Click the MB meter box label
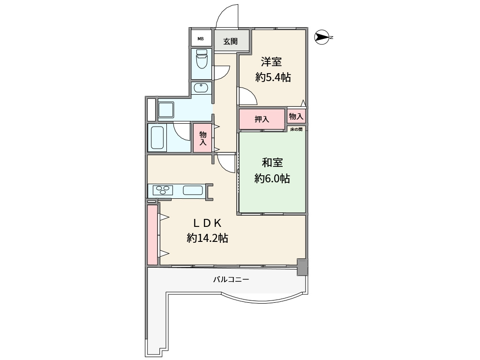pyautogui.click(x=201, y=39)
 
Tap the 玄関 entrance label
pyautogui.click(x=230, y=41)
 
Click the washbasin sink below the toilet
pyautogui.click(x=201, y=88)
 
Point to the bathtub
pyautogui.click(x=157, y=138)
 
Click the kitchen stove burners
pyautogui.click(x=163, y=190)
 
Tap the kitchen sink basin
pyautogui.click(x=193, y=190)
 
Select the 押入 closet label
pyautogui.click(x=262, y=119)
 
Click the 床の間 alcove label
pyautogui.click(x=296, y=129)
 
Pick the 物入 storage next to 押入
pyautogui.click(x=296, y=116)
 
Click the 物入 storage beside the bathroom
pyautogui.click(x=202, y=138)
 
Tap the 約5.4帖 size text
pyautogui.click(x=273, y=77)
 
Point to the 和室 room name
pyautogui.click(x=272, y=163)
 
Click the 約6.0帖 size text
pyautogui.click(x=272, y=178)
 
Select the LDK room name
pyautogui.click(x=207, y=223)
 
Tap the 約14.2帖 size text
pyautogui.click(x=208, y=238)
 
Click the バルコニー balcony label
pyautogui.click(x=231, y=279)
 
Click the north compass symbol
pyautogui.click(x=322, y=37)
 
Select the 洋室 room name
pyautogui.click(x=271, y=62)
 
